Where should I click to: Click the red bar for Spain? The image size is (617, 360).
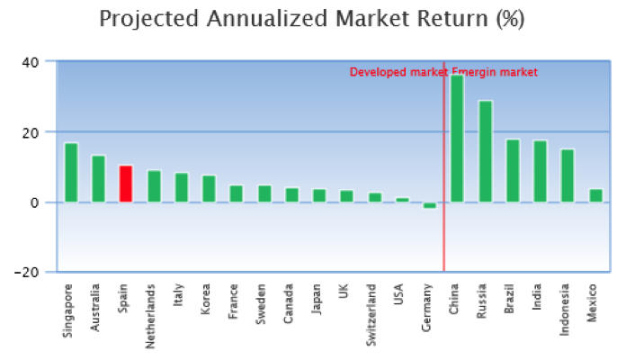click(x=126, y=184)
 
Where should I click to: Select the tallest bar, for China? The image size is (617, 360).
click(x=457, y=139)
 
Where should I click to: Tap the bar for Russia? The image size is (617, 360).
click(x=485, y=151)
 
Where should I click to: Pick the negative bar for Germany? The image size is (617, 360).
click(x=430, y=205)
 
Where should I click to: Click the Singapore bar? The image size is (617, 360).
click(x=71, y=173)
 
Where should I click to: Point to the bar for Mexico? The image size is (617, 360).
click(x=595, y=196)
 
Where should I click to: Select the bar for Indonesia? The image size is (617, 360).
click(x=568, y=175)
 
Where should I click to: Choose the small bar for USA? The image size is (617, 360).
click(x=402, y=200)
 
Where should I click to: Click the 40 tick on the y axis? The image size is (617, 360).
click(x=31, y=62)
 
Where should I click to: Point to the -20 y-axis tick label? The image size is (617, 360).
click(x=27, y=273)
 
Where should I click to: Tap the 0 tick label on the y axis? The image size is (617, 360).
click(x=34, y=202)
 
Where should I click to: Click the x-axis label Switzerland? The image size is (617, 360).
click(x=371, y=315)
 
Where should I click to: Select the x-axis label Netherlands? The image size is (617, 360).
click(x=150, y=316)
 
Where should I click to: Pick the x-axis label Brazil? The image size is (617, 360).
click(x=509, y=299)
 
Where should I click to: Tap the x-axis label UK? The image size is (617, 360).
click(x=344, y=291)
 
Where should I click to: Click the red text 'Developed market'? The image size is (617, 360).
click(x=399, y=72)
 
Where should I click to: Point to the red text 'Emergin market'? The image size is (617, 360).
click(x=495, y=72)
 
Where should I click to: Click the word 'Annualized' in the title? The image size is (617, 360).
click(x=267, y=19)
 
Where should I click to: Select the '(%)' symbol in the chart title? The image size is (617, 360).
click(x=510, y=19)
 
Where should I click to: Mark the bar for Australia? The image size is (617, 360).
click(x=98, y=179)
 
